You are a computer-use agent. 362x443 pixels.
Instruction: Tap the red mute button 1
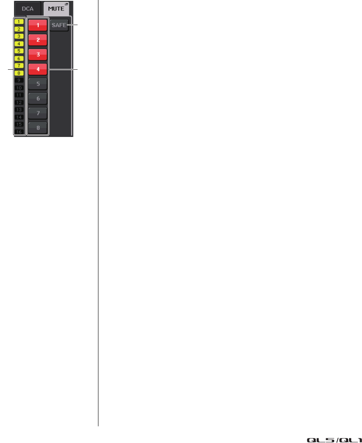tap(38, 25)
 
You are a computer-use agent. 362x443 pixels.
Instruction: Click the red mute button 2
tap(38, 40)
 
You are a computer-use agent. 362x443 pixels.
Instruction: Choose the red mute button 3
tap(38, 54)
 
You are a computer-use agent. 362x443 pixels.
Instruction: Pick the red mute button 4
tap(38, 69)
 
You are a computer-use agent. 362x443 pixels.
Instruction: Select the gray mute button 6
tap(38, 98)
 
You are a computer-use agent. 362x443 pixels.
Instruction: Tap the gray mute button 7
tap(38, 113)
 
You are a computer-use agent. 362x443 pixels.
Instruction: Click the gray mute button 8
tap(38, 128)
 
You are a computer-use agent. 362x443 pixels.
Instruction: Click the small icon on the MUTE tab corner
tap(66, 4)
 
